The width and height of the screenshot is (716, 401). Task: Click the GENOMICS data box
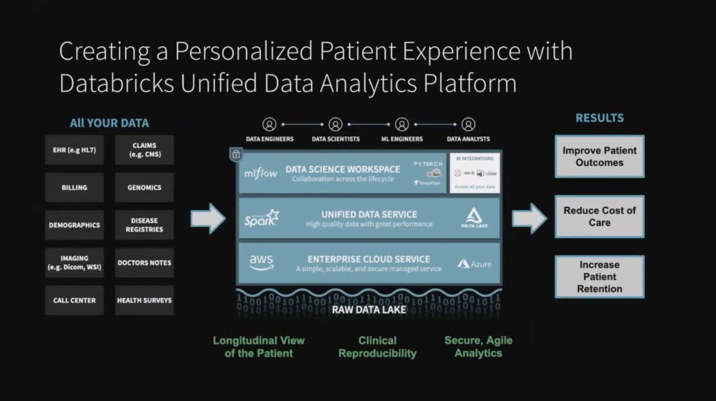144,187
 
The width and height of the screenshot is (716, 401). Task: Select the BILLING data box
74,187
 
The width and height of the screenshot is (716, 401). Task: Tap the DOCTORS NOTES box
144,263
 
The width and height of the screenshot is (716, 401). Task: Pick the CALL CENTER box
74,300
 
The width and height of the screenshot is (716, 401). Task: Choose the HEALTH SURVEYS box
144,300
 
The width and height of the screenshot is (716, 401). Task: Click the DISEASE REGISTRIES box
144,225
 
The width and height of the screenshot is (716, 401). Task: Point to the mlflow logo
261,173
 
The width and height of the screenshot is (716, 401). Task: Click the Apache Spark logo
261,218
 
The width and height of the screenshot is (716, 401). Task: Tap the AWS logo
261,263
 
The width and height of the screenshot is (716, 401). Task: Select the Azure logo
474,264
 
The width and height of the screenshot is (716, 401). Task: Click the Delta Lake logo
474,217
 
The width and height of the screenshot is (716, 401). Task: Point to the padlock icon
236,154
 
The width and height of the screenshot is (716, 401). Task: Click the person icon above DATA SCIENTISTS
335,125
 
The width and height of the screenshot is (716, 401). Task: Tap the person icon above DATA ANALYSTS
468,125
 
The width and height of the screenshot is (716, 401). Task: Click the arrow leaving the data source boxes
208,218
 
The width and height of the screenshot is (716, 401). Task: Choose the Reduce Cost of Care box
599,216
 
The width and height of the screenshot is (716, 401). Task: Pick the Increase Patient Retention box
599,277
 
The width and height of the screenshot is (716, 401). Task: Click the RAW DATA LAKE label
369,310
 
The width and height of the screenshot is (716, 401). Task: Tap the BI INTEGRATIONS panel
475,173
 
